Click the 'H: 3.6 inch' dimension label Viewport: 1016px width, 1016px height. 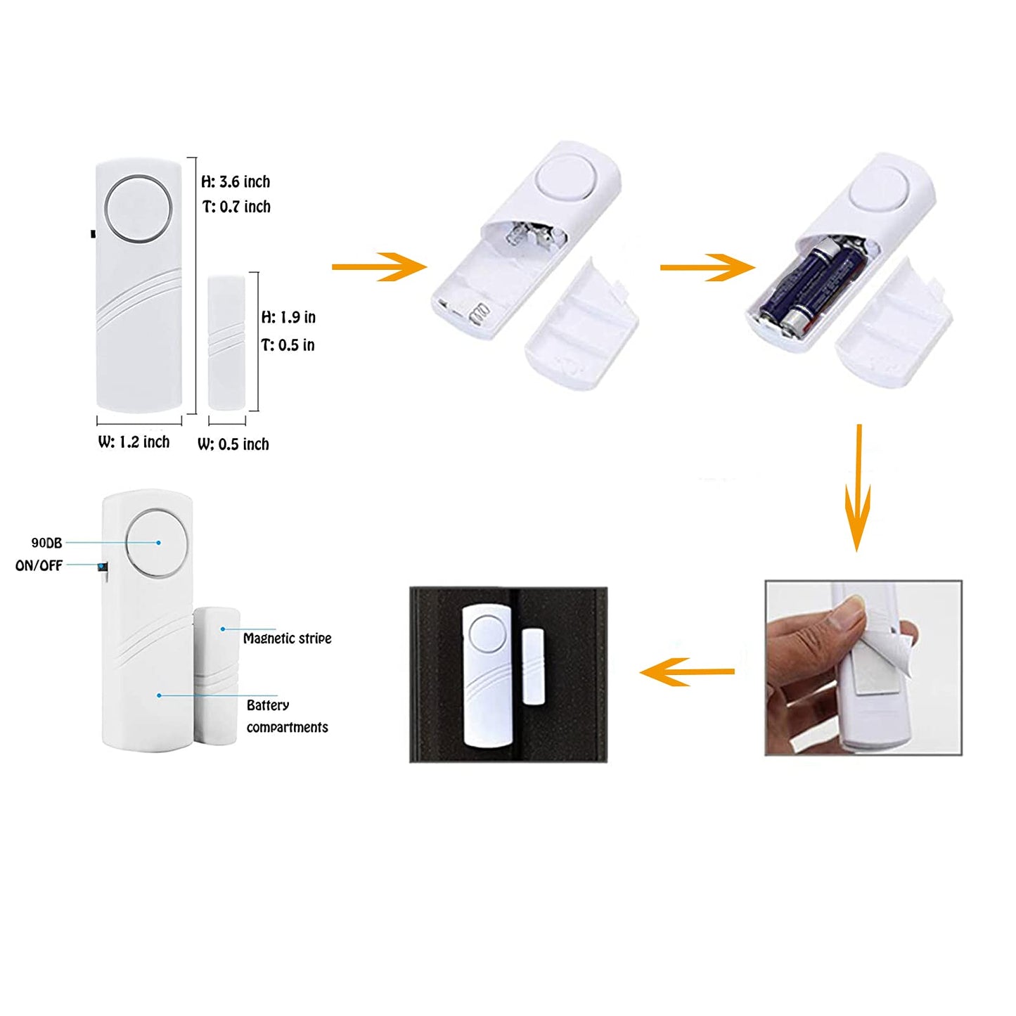pyautogui.click(x=236, y=182)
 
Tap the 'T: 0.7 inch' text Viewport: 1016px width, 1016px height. pyautogui.click(x=236, y=207)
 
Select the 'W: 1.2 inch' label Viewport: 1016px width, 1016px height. pyautogui.click(x=134, y=442)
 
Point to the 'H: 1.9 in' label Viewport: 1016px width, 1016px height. pyautogui.click(x=288, y=318)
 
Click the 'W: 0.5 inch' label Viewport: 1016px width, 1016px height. pyautogui.click(x=233, y=444)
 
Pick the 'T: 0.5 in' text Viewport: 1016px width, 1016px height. pyautogui.click(x=288, y=345)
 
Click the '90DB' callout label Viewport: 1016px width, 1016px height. pyautogui.click(x=46, y=543)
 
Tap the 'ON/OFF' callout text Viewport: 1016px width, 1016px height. pyautogui.click(x=39, y=566)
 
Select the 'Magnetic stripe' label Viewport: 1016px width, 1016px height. pyautogui.click(x=287, y=638)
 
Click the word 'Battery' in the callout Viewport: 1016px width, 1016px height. pyautogui.click(x=268, y=705)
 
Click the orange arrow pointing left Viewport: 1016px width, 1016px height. pyautogui.click(x=686, y=671)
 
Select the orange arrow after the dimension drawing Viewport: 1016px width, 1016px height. pyautogui.click(x=379, y=266)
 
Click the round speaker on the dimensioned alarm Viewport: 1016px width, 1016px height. pyautogui.click(x=138, y=210)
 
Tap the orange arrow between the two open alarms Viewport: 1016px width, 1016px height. pyautogui.click(x=707, y=267)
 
